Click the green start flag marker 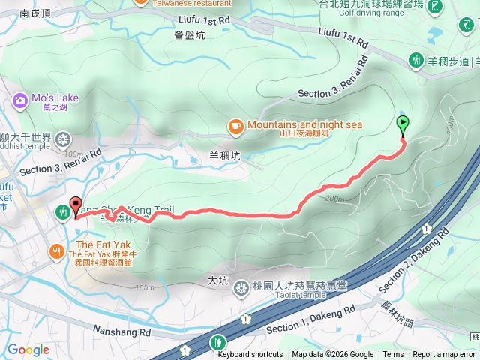(403, 125)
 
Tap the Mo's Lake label (55, 98)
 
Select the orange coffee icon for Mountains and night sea (235, 125)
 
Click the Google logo (28, 349)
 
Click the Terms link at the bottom (393, 355)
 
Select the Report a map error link (444, 355)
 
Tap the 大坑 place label (217, 280)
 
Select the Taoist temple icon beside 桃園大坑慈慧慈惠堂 (241, 287)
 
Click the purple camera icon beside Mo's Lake (19, 98)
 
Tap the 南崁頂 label (36, 13)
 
